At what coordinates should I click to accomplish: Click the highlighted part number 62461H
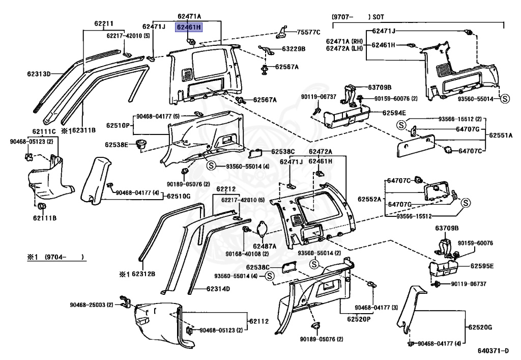click(x=189, y=27)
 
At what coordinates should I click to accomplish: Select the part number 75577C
click(x=309, y=32)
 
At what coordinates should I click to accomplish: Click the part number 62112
click(x=258, y=321)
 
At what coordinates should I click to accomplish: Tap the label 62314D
click(x=218, y=289)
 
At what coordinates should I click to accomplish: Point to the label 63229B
click(x=294, y=49)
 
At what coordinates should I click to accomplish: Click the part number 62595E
click(x=482, y=266)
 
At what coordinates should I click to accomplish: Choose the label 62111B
click(x=45, y=218)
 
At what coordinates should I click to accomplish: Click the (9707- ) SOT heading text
click(x=358, y=17)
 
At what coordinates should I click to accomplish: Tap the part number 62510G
click(x=179, y=196)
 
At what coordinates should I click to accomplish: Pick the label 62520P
click(x=359, y=319)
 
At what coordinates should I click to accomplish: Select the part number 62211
click(x=103, y=24)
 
